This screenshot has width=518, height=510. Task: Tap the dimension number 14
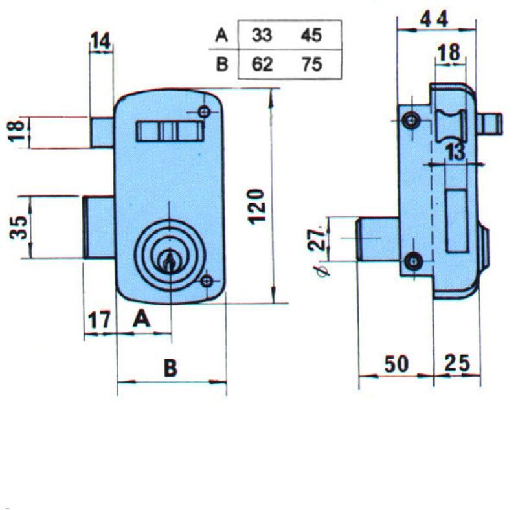tap(100, 41)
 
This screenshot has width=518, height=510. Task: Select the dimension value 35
tap(19, 227)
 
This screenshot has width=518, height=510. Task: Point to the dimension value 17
tap(99, 319)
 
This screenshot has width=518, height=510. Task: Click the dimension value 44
tap(434, 19)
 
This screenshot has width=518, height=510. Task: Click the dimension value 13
tap(455, 153)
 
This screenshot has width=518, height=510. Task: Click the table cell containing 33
tap(262, 36)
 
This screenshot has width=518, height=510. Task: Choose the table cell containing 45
tap(311, 36)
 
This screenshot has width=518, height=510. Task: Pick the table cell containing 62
tap(262, 65)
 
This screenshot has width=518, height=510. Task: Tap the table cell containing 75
tap(311, 65)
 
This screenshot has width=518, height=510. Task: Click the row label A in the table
tap(221, 36)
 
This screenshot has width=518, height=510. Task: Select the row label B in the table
tap(221, 65)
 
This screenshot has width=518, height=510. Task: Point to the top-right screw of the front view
tap(205, 113)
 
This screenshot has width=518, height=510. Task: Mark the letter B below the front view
tap(170, 368)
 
